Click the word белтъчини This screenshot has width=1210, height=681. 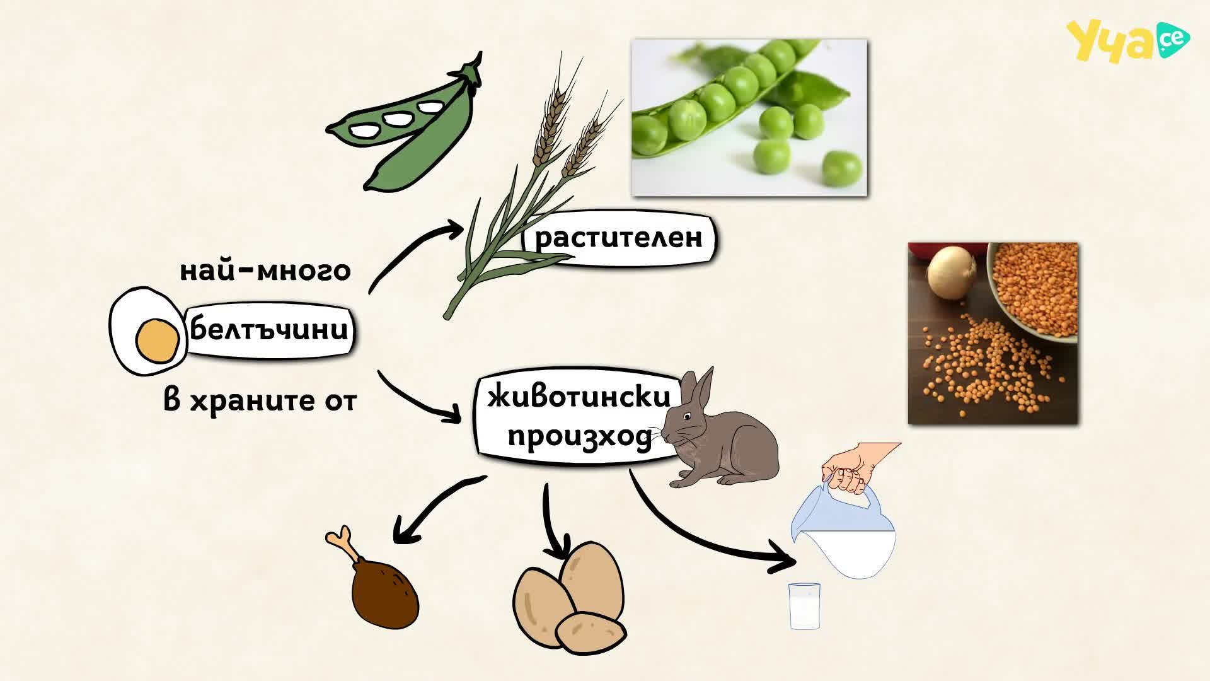[x=269, y=329]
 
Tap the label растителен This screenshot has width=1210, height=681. [x=618, y=238]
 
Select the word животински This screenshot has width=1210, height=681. [x=579, y=397]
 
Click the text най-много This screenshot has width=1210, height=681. [x=265, y=271]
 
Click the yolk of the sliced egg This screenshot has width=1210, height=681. [x=157, y=341]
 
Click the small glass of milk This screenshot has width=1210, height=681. [x=805, y=606]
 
